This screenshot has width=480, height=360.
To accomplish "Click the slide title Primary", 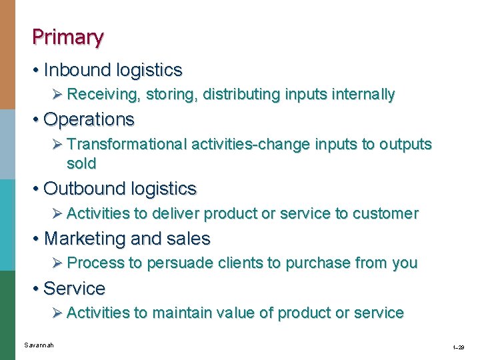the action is click(67, 37).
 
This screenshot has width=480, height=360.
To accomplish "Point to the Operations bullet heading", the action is click(89, 119).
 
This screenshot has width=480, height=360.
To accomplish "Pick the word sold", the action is click(81, 163).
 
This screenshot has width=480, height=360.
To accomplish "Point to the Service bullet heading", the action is click(74, 289).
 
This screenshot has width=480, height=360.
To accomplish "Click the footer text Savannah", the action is click(39, 345).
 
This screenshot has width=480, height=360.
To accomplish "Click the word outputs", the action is click(405, 144).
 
